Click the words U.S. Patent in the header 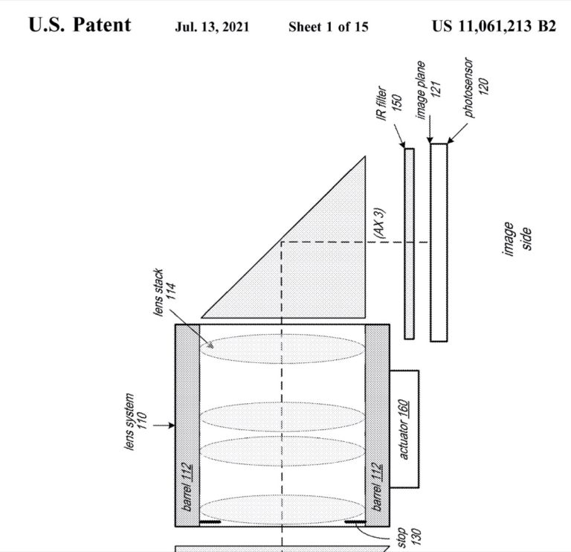80,25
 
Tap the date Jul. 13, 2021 212,27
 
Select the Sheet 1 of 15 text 328,27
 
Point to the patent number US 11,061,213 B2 494,26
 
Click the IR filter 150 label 389,103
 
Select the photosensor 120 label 476,87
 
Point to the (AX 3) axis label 379,223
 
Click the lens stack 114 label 164,292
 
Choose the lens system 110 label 135,422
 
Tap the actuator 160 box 404,429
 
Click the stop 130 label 409,536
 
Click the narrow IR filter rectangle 410,244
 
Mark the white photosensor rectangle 439,243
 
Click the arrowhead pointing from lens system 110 172,426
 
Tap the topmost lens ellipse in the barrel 283,349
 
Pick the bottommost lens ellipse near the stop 283,510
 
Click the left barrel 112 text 187,487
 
